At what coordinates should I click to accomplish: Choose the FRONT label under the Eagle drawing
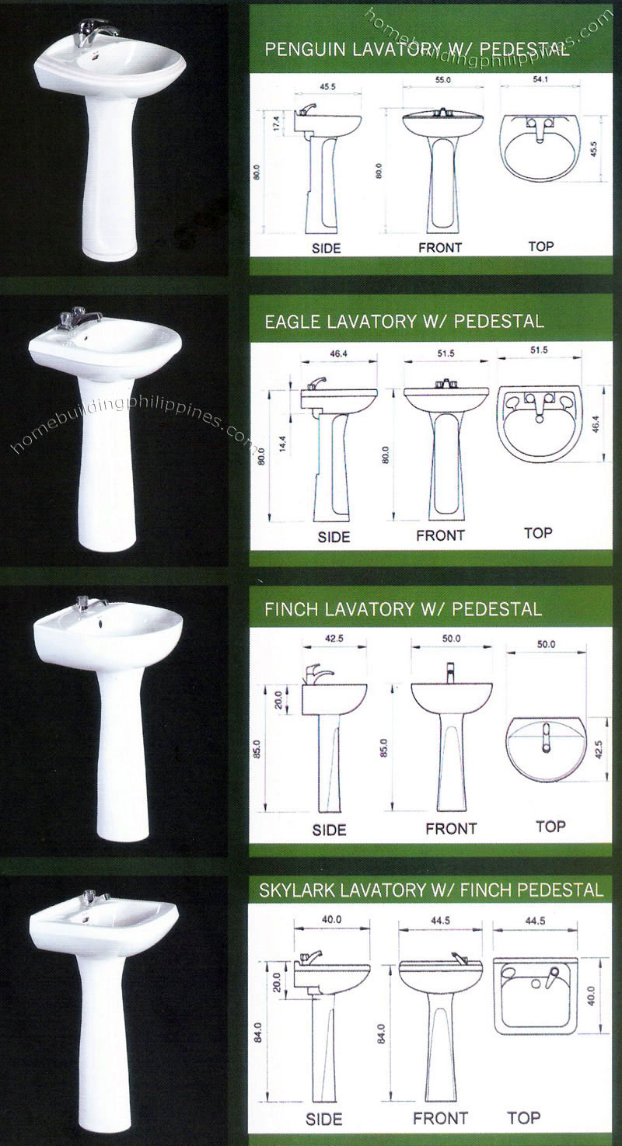(x=440, y=535)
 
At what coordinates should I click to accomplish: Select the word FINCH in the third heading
(x=290, y=609)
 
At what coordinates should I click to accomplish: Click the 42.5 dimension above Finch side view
(x=334, y=639)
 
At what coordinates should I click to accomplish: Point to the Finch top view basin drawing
(x=544, y=749)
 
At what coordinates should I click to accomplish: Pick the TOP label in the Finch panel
(x=550, y=826)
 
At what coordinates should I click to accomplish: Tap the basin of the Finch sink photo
(x=109, y=629)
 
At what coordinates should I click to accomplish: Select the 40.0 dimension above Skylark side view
(x=331, y=920)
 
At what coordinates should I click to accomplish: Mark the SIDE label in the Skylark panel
(x=323, y=1120)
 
